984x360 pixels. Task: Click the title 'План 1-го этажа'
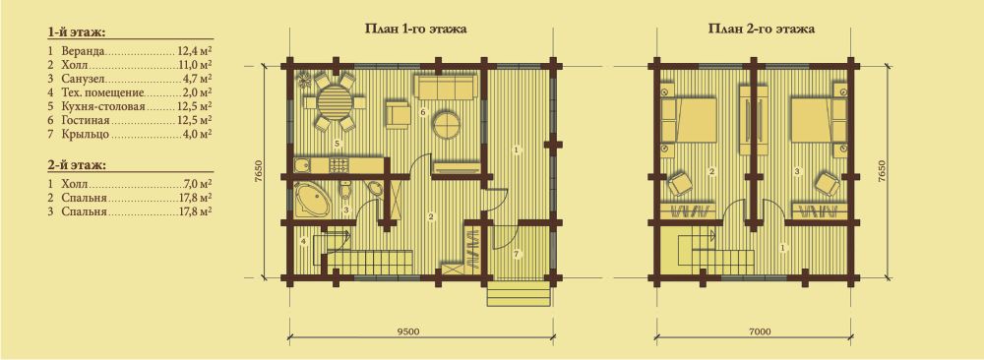pos(415,30)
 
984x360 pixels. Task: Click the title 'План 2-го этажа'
pos(762,30)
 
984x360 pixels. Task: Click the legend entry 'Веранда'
pos(83,49)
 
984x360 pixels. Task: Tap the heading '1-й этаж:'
pos(76,32)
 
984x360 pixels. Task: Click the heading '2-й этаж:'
pos(76,165)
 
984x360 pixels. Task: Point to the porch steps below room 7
pos(519,293)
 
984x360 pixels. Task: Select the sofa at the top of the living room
pos(445,88)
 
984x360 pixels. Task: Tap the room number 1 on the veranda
pos(516,150)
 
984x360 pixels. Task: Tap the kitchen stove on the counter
pos(338,165)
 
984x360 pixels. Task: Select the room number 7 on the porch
pos(516,254)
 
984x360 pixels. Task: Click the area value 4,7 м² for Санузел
pos(197,78)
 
